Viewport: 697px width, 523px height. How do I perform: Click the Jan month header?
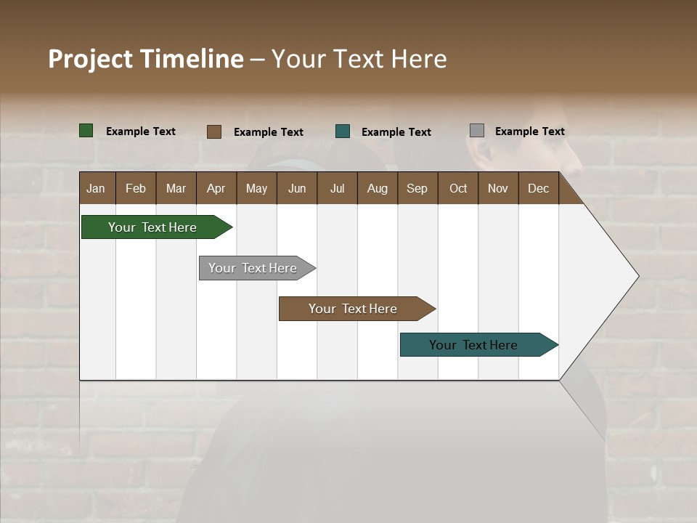pos(96,188)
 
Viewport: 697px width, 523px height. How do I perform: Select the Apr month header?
pos(216,188)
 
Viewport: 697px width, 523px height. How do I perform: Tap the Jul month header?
pos(337,188)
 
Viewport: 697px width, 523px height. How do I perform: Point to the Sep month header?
pos(417,188)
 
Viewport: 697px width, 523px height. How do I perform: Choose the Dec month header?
pos(538,188)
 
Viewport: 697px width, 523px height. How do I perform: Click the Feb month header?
pos(136,188)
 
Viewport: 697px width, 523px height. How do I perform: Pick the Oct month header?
pos(458,188)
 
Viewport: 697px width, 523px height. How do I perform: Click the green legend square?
pos(86,131)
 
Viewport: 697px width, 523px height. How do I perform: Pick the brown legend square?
pos(214,131)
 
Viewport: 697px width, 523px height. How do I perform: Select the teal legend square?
pos(343,131)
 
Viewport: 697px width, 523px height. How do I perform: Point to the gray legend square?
pos(477,131)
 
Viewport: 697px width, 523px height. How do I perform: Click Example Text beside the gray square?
pos(529,131)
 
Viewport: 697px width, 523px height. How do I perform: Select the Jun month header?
pos(296,188)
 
